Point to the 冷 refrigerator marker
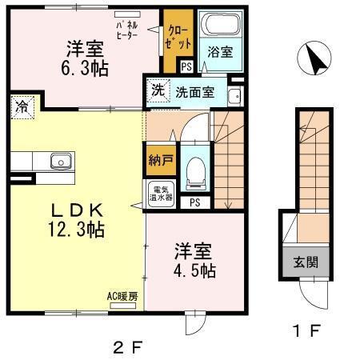(x=22, y=106)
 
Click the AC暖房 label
(x=123, y=298)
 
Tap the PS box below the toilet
(x=194, y=202)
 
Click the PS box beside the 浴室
(x=186, y=67)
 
